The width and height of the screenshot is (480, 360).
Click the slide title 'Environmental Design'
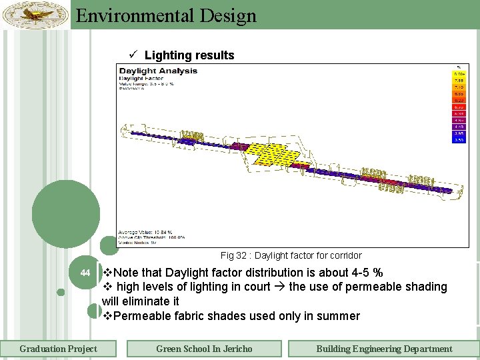(x=166, y=15)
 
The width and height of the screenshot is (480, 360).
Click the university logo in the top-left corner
(x=35, y=14)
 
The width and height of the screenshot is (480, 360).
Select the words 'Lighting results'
(x=189, y=55)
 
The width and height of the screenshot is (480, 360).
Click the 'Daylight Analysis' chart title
(x=158, y=71)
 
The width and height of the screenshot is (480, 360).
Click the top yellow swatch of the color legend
(x=459, y=74)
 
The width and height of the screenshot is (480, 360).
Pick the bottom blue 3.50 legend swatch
(x=459, y=139)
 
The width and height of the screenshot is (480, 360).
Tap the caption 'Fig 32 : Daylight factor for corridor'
(x=291, y=255)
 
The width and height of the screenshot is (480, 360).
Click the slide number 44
(x=85, y=273)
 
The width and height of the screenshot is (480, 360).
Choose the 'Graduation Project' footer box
(x=58, y=349)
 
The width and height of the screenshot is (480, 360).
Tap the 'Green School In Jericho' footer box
(x=204, y=349)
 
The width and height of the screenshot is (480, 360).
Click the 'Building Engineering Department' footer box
(x=383, y=349)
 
